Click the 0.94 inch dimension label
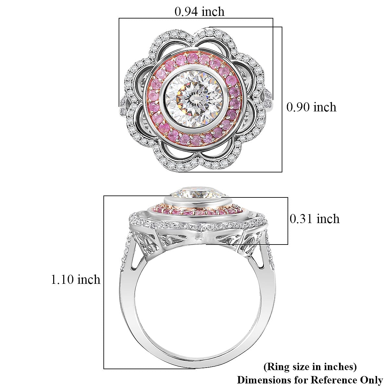(199, 11)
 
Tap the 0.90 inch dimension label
(312, 107)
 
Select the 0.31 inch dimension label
(315, 219)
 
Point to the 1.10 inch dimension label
(76, 280)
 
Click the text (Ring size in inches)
(310, 361)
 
